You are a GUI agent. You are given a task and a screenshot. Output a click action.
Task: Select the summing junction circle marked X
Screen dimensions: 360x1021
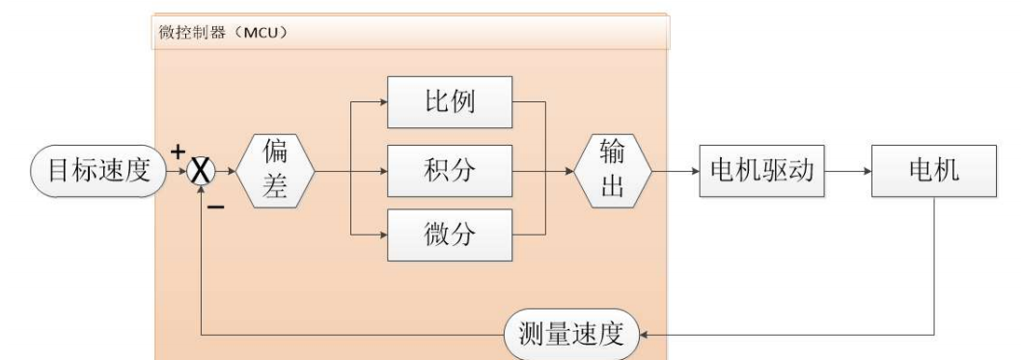click(201, 172)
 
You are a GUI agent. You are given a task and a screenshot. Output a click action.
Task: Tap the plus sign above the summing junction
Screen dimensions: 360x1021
click(178, 152)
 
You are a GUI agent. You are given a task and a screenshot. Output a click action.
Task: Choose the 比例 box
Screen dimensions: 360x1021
click(449, 99)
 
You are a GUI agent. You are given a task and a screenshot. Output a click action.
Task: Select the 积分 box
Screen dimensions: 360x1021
click(449, 172)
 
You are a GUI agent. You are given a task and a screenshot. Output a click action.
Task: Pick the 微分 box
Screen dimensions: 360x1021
click(449, 235)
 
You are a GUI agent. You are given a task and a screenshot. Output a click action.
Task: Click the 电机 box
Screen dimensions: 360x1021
click(932, 172)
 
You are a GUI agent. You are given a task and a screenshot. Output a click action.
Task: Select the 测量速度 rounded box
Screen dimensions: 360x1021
click(573, 335)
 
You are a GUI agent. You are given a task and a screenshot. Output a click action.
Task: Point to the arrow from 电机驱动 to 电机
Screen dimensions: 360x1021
click(849, 172)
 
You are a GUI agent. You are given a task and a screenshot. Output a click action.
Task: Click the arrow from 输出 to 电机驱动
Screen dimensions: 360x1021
click(676, 172)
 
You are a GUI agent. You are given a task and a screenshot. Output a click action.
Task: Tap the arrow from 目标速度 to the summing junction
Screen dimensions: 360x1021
click(176, 172)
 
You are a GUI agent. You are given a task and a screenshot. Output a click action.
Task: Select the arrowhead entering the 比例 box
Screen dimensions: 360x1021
click(382, 99)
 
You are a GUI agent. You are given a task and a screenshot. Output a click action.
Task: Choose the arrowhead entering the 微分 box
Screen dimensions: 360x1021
click(382, 235)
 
